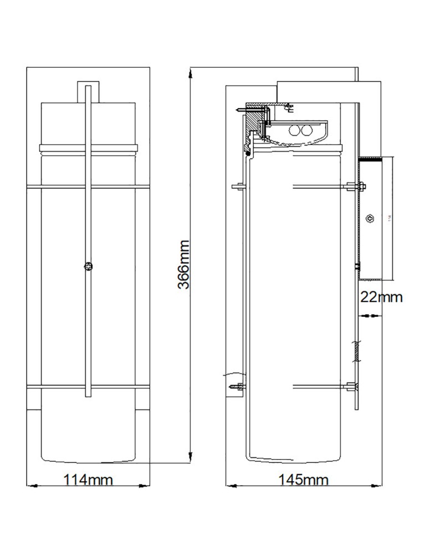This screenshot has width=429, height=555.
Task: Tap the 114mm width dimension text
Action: coord(89,480)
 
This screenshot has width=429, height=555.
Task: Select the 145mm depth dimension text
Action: coord(304,480)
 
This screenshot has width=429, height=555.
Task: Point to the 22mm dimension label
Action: coord(381,297)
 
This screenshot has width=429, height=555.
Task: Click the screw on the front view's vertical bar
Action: coord(88,267)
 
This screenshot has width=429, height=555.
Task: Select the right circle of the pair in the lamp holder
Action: coord(305,130)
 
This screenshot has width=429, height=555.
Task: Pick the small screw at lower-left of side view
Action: coord(239,386)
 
